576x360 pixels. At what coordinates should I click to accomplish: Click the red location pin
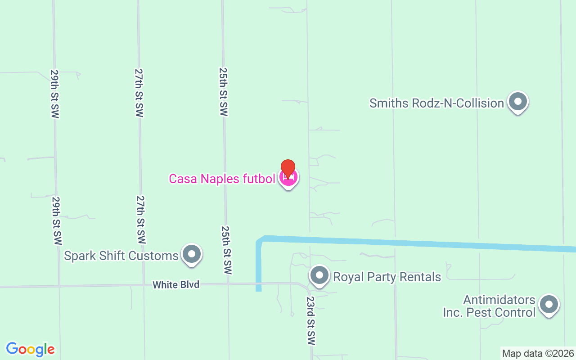click(288, 168)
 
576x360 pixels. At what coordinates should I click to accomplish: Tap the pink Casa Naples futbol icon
click(288, 178)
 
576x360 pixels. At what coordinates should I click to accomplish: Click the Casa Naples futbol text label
click(222, 179)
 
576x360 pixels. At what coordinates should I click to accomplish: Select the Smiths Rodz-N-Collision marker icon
click(517, 102)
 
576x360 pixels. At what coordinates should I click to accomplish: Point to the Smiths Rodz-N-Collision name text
click(436, 103)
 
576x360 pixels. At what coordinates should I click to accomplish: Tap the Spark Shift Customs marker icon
click(192, 254)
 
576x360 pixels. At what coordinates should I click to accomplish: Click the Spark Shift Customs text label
click(121, 256)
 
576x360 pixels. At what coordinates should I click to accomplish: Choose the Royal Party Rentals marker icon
click(319, 275)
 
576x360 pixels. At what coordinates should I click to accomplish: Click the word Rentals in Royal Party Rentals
click(422, 276)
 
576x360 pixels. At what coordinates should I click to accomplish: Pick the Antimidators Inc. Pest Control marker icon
click(549, 305)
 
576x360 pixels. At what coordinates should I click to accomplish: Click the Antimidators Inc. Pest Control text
click(489, 306)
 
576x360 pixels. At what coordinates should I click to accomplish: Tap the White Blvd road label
click(175, 284)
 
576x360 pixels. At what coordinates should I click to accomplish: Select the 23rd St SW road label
click(310, 320)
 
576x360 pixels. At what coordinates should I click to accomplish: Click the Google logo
click(30, 349)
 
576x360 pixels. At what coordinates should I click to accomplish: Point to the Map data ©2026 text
click(538, 354)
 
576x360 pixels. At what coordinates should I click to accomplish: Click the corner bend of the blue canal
click(260, 239)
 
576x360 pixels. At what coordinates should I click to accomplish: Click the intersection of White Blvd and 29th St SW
click(58, 286)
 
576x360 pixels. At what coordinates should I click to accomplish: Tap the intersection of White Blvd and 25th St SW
click(228, 284)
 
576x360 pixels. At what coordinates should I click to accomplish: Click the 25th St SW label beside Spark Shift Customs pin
click(226, 250)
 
